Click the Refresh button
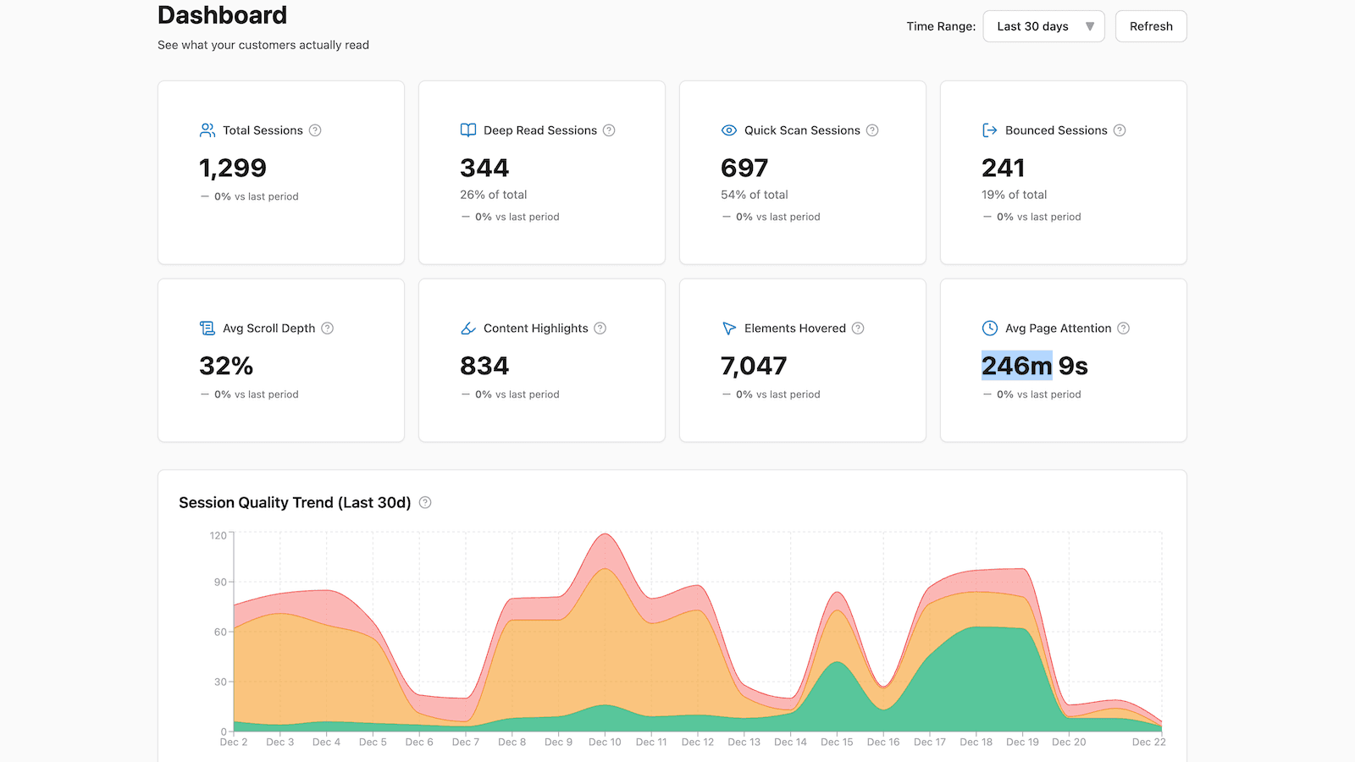1150,26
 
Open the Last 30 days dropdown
1043,26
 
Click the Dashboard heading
222,15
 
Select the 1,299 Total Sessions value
233,168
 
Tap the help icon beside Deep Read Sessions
609,130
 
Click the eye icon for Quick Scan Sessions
728,130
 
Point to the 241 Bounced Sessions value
1003,168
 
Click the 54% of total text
754,195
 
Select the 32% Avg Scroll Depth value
226,366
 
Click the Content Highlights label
535,329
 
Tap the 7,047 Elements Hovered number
754,366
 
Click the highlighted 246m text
1016,366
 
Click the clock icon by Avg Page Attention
989,329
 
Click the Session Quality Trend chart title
295,503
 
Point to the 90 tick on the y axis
220,582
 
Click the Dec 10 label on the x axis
605,743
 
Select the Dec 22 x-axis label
1148,743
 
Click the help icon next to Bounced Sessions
1120,130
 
